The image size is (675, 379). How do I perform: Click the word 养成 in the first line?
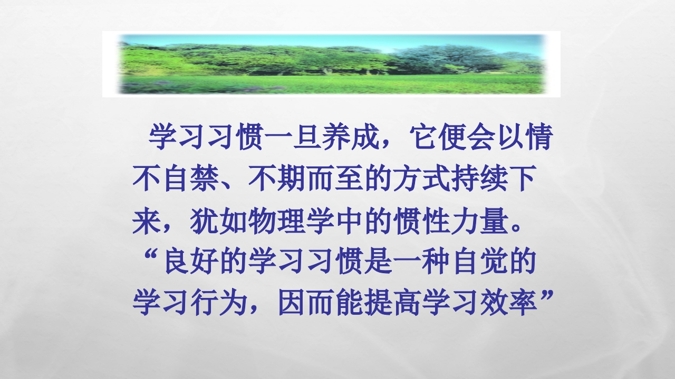[351, 138]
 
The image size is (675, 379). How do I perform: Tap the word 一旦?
[293, 138]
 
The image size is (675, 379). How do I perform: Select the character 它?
[423, 138]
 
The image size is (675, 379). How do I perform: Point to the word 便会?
[466, 138]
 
